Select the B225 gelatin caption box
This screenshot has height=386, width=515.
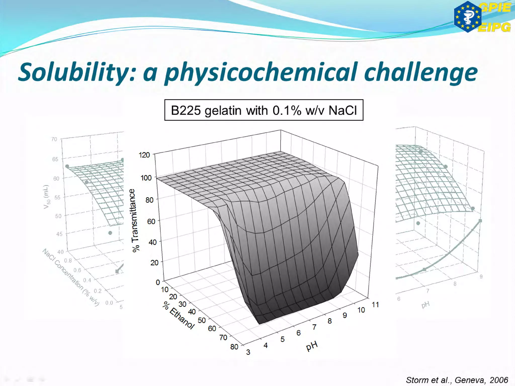[x=264, y=110]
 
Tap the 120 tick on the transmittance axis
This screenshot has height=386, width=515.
[x=144, y=155]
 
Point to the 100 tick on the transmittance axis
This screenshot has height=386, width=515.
[x=146, y=178]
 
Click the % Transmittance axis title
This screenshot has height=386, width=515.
[x=135, y=220]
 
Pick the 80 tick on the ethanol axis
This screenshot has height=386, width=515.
[x=234, y=347]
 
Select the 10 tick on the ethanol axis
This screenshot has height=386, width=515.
[x=165, y=289]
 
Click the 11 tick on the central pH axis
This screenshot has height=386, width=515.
[x=375, y=305]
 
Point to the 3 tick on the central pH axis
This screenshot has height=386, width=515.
[x=248, y=352]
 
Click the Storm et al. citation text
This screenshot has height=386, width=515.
[x=457, y=380]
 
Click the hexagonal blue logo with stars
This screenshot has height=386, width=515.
[x=467, y=17]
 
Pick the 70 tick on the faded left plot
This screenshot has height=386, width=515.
[x=54, y=139]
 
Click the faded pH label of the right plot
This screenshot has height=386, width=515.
[x=425, y=305]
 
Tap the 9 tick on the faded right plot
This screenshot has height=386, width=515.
[x=481, y=277]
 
